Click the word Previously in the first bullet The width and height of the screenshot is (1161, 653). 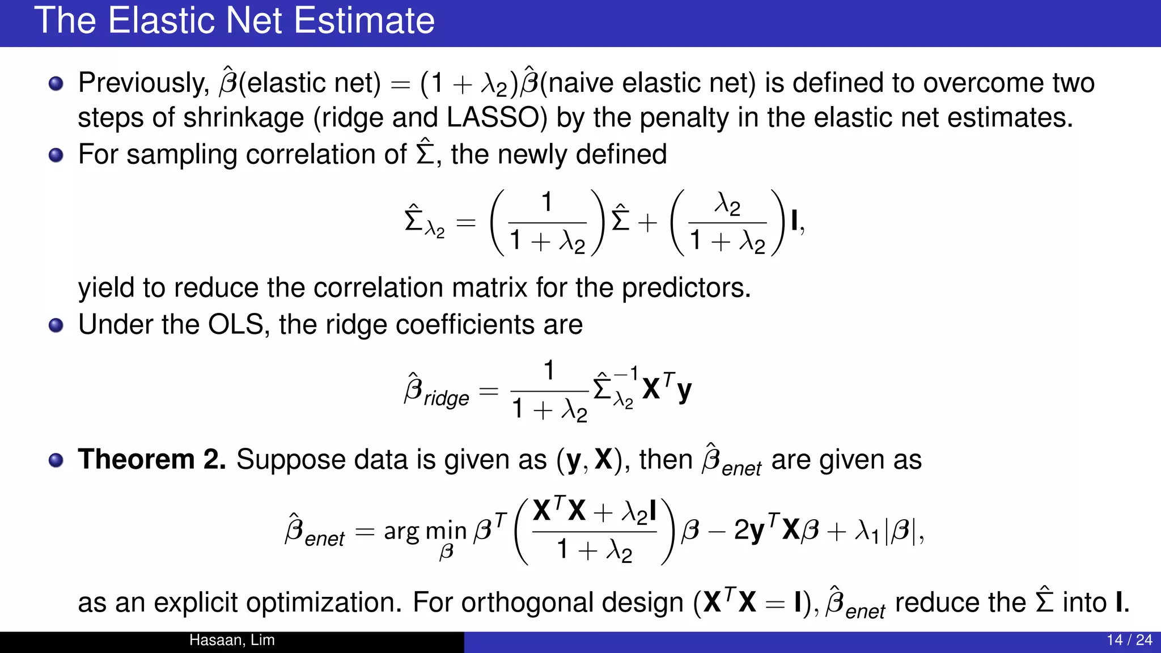[143, 83]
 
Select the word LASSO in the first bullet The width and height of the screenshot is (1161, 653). [493, 118]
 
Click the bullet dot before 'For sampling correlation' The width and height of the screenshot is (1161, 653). [56, 155]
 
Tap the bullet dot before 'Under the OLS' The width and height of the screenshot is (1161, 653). [56, 325]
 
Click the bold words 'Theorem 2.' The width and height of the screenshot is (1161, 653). [152, 459]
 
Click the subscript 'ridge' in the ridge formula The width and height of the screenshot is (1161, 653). [447, 398]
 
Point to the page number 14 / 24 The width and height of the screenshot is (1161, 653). [1129, 641]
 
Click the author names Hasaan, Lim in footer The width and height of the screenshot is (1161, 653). [232, 641]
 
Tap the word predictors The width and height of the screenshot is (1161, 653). [686, 288]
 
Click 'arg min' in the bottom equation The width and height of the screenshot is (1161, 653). [425, 532]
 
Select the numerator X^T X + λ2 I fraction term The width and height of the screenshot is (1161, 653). [594, 511]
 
